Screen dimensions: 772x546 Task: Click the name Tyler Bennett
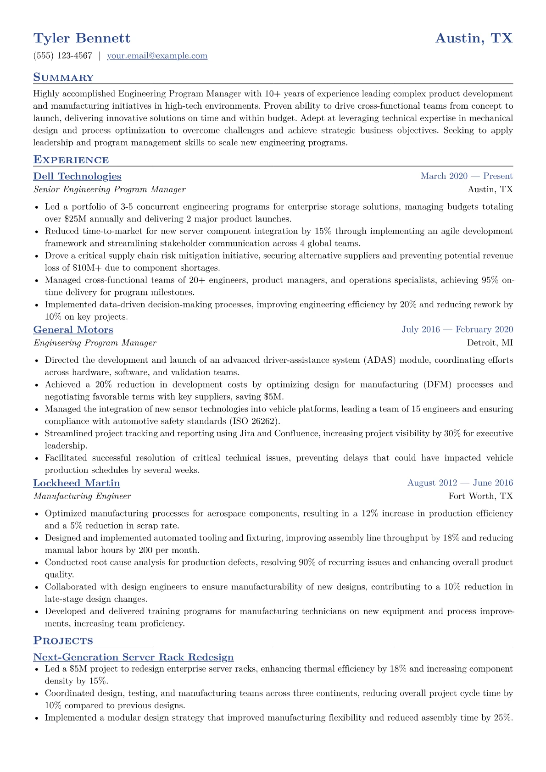pyautogui.click(x=82, y=38)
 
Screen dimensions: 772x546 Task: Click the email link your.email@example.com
pyautogui.click(x=157, y=56)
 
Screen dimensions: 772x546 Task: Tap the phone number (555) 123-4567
pyautogui.click(x=63, y=56)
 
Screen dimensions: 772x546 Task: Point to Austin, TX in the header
pyautogui.click(x=474, y=38)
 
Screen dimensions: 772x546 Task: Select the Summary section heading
pyautogui.click(x=63, y=78)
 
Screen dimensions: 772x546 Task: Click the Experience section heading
pyautogui.click(x=71, y=160)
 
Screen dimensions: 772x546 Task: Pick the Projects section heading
pyautogui.click(x=63, y=641)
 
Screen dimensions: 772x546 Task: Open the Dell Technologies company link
pyautogui.click(x=77, y=177)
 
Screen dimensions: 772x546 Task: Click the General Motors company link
pyautogui.click(x=73, y=330)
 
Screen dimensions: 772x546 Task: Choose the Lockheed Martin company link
pyautogui.click(x=77, y=483)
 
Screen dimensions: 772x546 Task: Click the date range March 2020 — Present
pyautogui.click(x=467, y=176)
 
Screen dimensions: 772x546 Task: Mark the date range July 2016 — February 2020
pyautogui.click(x=457, y=329)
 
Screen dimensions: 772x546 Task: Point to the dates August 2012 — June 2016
pyautogui.click(x=460, y=483)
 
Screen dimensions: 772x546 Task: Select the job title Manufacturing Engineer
pyautogui.click(x=82, y=496)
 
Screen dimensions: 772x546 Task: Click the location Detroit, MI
pyautogui.click(x=490, y=343)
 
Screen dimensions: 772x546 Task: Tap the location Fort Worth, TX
pyautogui.click(x=480, y=496)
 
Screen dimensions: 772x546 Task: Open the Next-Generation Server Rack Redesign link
pyautogui.click(x=133, y=657)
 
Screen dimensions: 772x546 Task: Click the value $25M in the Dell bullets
pyautogui.click(x=75, y=219)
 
